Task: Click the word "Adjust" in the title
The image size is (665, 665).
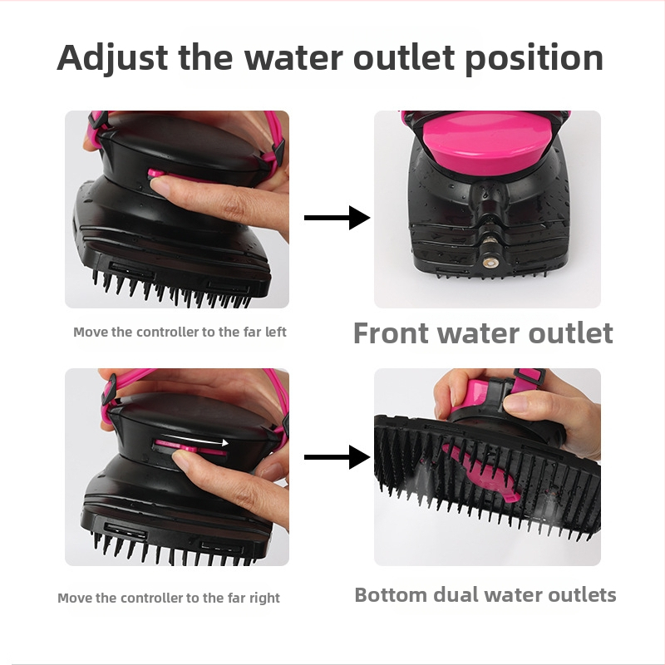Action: point(112,58)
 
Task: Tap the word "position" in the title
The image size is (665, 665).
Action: point(534,58)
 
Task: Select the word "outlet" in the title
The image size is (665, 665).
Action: point(404,57)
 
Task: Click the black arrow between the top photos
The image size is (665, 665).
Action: point(337,218)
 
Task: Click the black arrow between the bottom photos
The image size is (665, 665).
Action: point(337,456)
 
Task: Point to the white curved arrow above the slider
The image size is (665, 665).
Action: point(196,439)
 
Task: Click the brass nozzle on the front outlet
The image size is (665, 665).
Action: point(490,263)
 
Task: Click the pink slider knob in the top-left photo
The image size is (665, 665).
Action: point(155,173)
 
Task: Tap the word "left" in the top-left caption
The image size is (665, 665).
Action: point(276,332)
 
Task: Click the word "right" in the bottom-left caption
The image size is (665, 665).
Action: point(264,598)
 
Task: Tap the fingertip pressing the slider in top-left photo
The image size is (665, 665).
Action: point(160,185)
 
